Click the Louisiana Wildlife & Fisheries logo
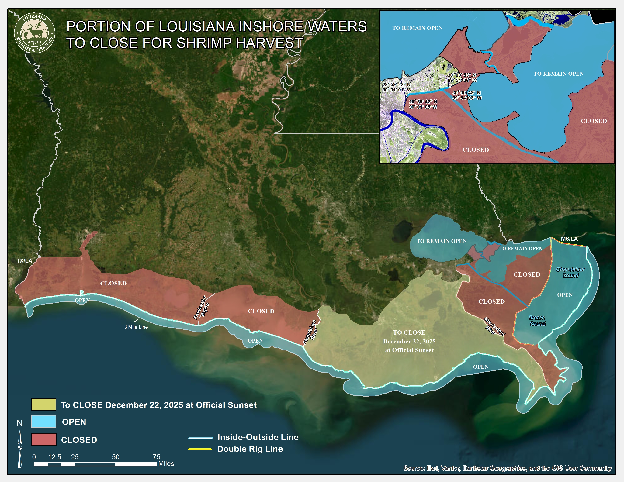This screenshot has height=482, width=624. [35, 33]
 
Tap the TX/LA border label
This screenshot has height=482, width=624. [24, 260]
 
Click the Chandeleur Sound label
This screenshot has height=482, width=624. [570, 272]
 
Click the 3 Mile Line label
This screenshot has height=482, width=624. [136, 327]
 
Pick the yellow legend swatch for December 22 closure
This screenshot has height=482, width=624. [44, 404]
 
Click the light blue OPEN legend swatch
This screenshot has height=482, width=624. [44, 422]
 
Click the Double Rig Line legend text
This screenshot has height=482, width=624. [250, 449]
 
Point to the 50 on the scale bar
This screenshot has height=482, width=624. [115, 457]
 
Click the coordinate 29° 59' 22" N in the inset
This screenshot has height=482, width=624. [396, 84]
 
